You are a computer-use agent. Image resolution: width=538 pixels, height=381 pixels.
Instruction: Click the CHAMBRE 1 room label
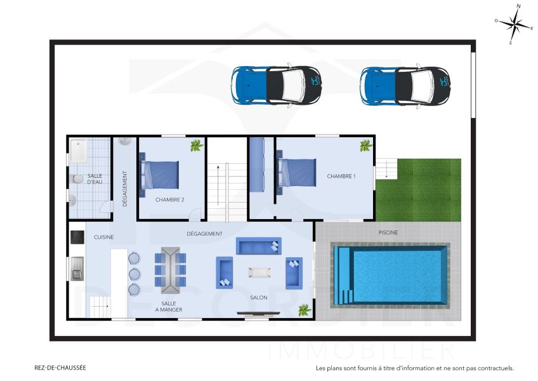coord(341,176)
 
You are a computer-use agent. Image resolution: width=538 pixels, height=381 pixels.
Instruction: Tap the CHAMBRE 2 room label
coord(169,199)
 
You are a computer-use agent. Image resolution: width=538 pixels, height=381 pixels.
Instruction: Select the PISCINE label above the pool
coord(388,233)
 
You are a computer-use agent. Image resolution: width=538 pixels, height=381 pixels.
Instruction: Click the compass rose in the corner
coord(514,25)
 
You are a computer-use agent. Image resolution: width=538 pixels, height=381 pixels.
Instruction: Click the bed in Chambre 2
coord(160,175)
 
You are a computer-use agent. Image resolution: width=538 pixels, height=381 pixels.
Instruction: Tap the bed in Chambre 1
coord(296,172)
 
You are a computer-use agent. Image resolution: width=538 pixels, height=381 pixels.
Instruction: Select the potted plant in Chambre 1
coord(365,146)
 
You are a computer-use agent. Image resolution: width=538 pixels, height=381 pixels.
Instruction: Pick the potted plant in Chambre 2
coord(196,146)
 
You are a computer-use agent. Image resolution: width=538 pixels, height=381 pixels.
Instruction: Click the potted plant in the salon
coord(305,310)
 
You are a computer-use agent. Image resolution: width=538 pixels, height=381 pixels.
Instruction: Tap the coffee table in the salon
coord(259,272)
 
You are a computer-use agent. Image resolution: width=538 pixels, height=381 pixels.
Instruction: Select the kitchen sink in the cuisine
coord(77,267)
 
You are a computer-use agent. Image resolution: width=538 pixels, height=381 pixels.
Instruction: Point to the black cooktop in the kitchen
coord(77,237)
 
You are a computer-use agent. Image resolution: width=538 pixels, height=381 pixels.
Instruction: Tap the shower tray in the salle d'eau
coord(78,151)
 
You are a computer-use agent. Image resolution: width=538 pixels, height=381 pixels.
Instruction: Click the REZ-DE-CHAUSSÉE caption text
coord(60,367)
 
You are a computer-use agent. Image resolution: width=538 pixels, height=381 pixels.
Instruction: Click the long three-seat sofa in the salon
coord(258,246)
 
